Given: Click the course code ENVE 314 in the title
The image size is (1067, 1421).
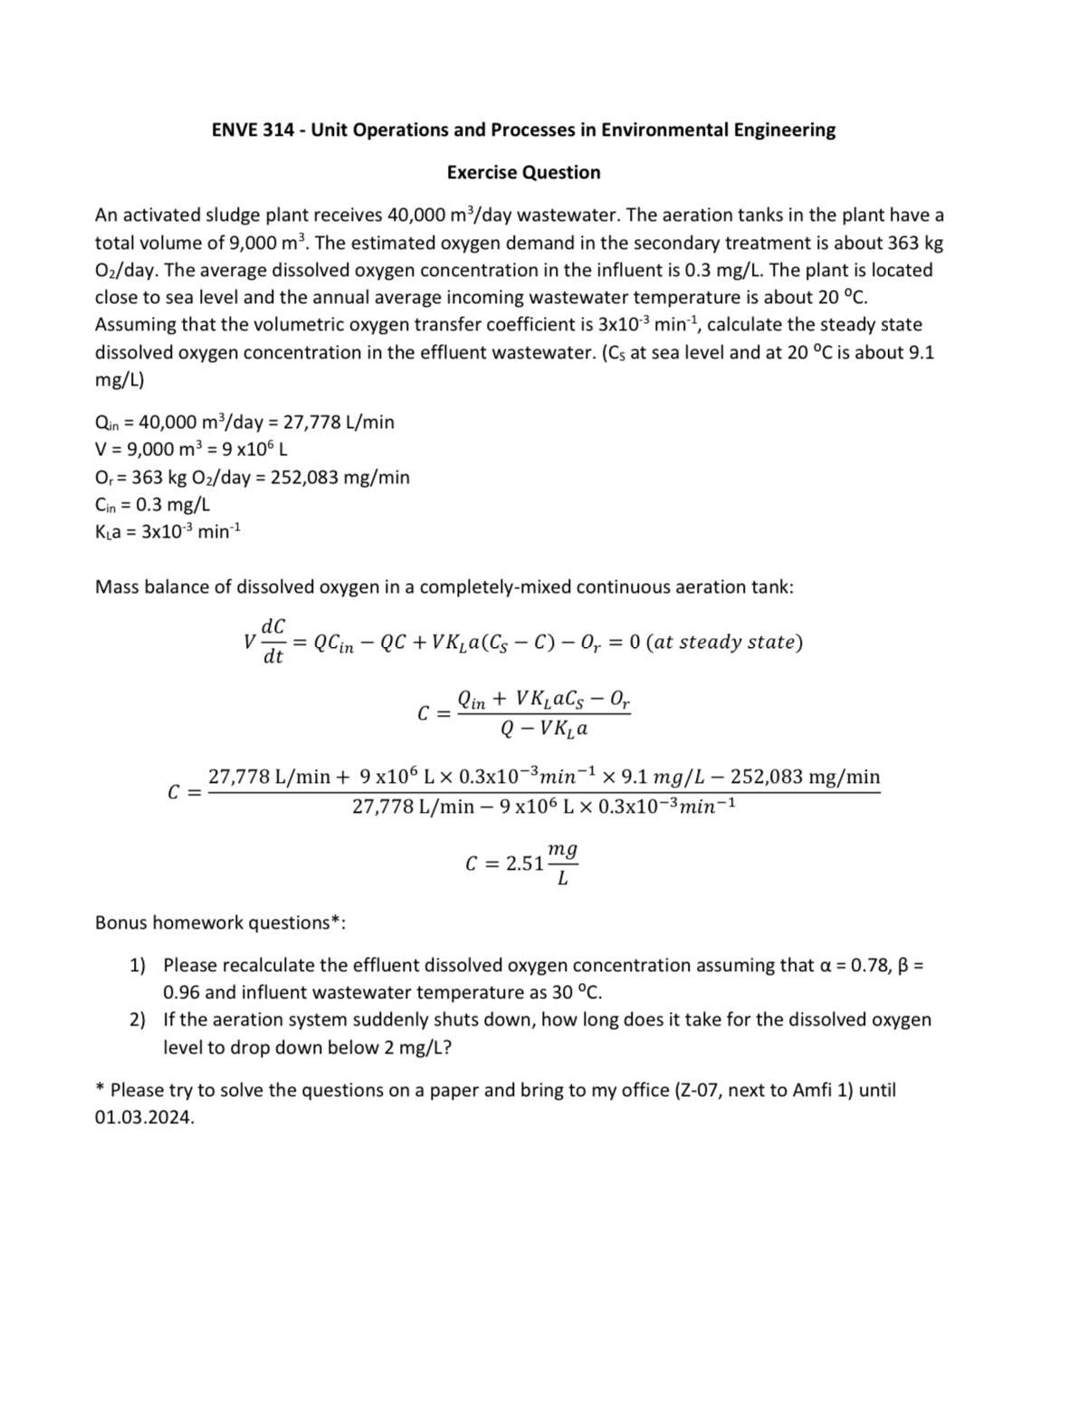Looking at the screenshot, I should click(x=252, y=130).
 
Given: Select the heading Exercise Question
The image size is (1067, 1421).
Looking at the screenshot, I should click(x=523, y=173).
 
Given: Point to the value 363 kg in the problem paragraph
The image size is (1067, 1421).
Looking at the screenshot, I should click(x=909, y=243).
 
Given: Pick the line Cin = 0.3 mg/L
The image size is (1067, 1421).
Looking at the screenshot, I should click(x=152, y=504).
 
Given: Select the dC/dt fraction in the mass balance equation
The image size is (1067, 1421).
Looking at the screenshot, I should click(x=272, y=641).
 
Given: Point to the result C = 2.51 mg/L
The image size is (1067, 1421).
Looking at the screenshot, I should click(x=522, y=863).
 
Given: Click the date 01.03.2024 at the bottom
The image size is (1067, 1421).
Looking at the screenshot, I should click(x=144, y=1117).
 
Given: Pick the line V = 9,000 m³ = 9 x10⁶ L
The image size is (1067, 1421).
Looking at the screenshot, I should click(x=191, y=449).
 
